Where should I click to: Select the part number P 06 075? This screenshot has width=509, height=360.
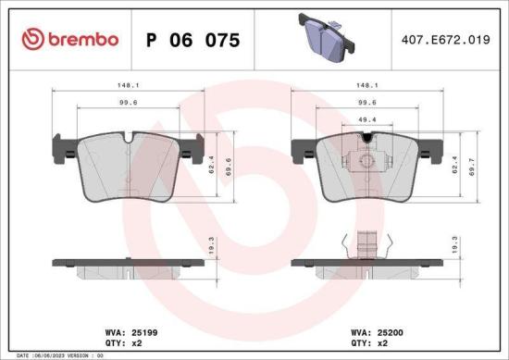tap(195, 40)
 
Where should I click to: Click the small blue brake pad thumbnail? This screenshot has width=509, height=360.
tap(323, 38)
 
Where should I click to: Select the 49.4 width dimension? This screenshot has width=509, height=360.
tap(367, 120)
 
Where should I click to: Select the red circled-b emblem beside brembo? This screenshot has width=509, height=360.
tap(34, 39)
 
